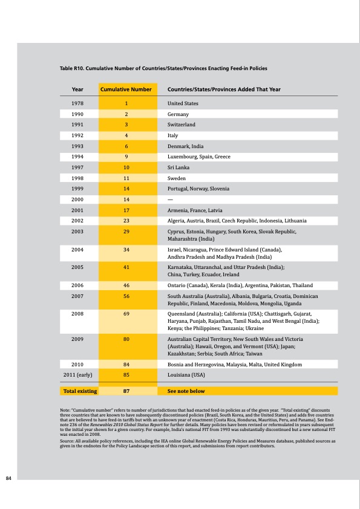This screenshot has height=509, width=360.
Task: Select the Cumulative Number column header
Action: (125, 89)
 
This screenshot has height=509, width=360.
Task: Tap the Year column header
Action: (77, 89)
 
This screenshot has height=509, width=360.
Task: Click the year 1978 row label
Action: (77, 103)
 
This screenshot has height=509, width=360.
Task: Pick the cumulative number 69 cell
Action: (125, 314)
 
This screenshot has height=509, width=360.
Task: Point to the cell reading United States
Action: (183, 103)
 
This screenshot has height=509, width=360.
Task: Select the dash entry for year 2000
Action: (170, 199)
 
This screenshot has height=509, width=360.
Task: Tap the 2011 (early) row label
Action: (77, 375)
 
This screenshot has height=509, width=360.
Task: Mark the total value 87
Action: (125, 391)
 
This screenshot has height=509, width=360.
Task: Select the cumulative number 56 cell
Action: (125, 296)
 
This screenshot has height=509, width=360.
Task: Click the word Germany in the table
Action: (178, 114)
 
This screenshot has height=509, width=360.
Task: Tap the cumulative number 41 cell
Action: (125, 267)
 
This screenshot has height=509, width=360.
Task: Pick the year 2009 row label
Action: (77, 339)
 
